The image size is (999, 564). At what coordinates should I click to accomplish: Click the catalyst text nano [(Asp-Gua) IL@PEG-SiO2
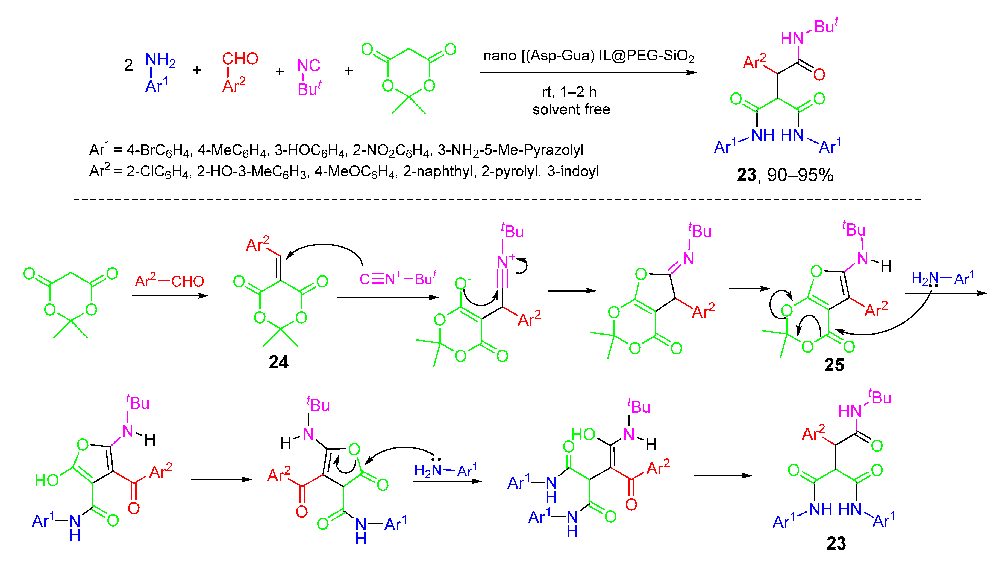tap(588, 56)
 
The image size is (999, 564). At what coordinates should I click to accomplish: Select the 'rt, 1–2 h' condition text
tap(569, 92)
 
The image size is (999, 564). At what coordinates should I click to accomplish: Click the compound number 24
tap(278, 362)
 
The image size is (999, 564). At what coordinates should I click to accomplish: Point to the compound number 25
tap(834, 365)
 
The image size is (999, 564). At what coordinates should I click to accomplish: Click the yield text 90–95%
tap(800, 175)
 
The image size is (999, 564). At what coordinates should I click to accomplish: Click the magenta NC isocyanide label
tap(309, 66)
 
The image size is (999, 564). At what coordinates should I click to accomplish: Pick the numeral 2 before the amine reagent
tap(128, 65)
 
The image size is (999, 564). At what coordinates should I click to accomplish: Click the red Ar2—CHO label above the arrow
tap(169, 281)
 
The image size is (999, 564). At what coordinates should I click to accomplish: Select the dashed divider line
tap(496, 199)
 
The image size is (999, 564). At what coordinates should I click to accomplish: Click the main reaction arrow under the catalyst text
tap(587, 72)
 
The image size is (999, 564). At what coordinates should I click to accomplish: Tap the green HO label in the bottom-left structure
tap(46, 480)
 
